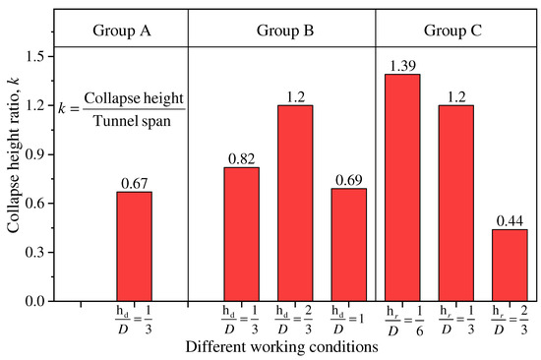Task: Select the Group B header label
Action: tap(281, 30)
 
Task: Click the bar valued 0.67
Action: tap(134, 246)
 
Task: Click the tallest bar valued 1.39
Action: tap(402, 187)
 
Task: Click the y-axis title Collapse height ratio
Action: tap(17, 177)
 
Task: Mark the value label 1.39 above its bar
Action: tap(402, 65)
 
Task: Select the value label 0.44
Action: tap(510, 220)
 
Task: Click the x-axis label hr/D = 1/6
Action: tap(402, 321)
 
